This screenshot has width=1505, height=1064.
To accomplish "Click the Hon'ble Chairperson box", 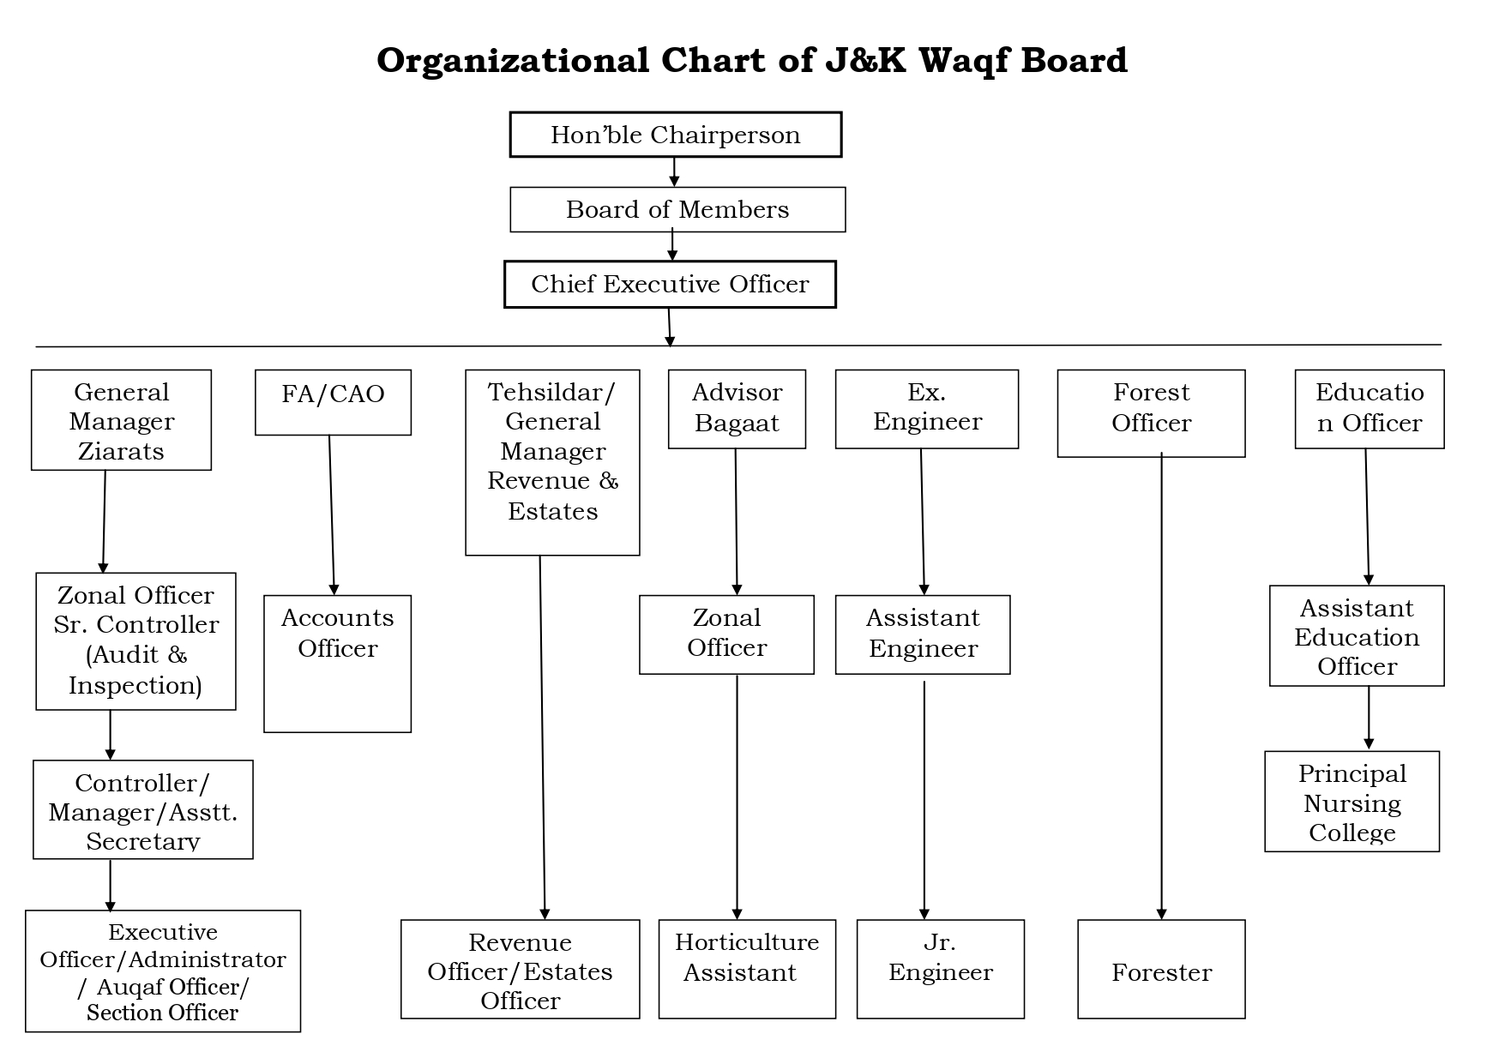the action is click(x=676, y=135).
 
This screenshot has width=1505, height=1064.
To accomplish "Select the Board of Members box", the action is click(x=677, y=209).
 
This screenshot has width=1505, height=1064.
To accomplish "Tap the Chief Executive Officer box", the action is click(x=670, y=284).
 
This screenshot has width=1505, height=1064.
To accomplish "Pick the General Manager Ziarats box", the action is click(x=121, y=420).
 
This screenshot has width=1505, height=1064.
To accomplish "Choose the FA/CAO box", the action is click(x=333, y=402).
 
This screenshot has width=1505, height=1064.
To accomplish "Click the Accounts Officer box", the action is click(x=337, y=664).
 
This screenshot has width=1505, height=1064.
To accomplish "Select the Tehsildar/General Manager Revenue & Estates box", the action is click(x=552, y=462).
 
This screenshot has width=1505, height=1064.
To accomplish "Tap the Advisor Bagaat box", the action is click(x=737, y=409).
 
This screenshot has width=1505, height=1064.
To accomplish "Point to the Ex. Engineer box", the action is click(x=927, y=409).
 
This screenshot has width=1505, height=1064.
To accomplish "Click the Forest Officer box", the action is click(x=1151, y=413).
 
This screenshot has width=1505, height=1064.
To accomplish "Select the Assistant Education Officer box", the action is click(x=1357, y=635).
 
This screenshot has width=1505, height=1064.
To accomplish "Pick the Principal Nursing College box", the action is click(x=1351, y=802).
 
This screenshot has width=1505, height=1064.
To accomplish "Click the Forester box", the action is click(x=1161, y=970).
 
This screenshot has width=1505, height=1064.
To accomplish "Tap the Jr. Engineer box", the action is click(x=941, y=970).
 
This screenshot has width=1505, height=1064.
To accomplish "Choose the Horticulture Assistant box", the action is click(x=747, y=970).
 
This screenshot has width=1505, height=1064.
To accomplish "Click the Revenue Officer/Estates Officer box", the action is click(x=521, y=970).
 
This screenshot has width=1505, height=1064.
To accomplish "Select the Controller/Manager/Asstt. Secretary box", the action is click(x=143, y=809).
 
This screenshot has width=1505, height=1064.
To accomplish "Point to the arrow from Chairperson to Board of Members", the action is click(x=674, y=172).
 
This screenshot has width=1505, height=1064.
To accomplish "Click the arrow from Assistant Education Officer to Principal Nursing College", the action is click(x=1369, y=718).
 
